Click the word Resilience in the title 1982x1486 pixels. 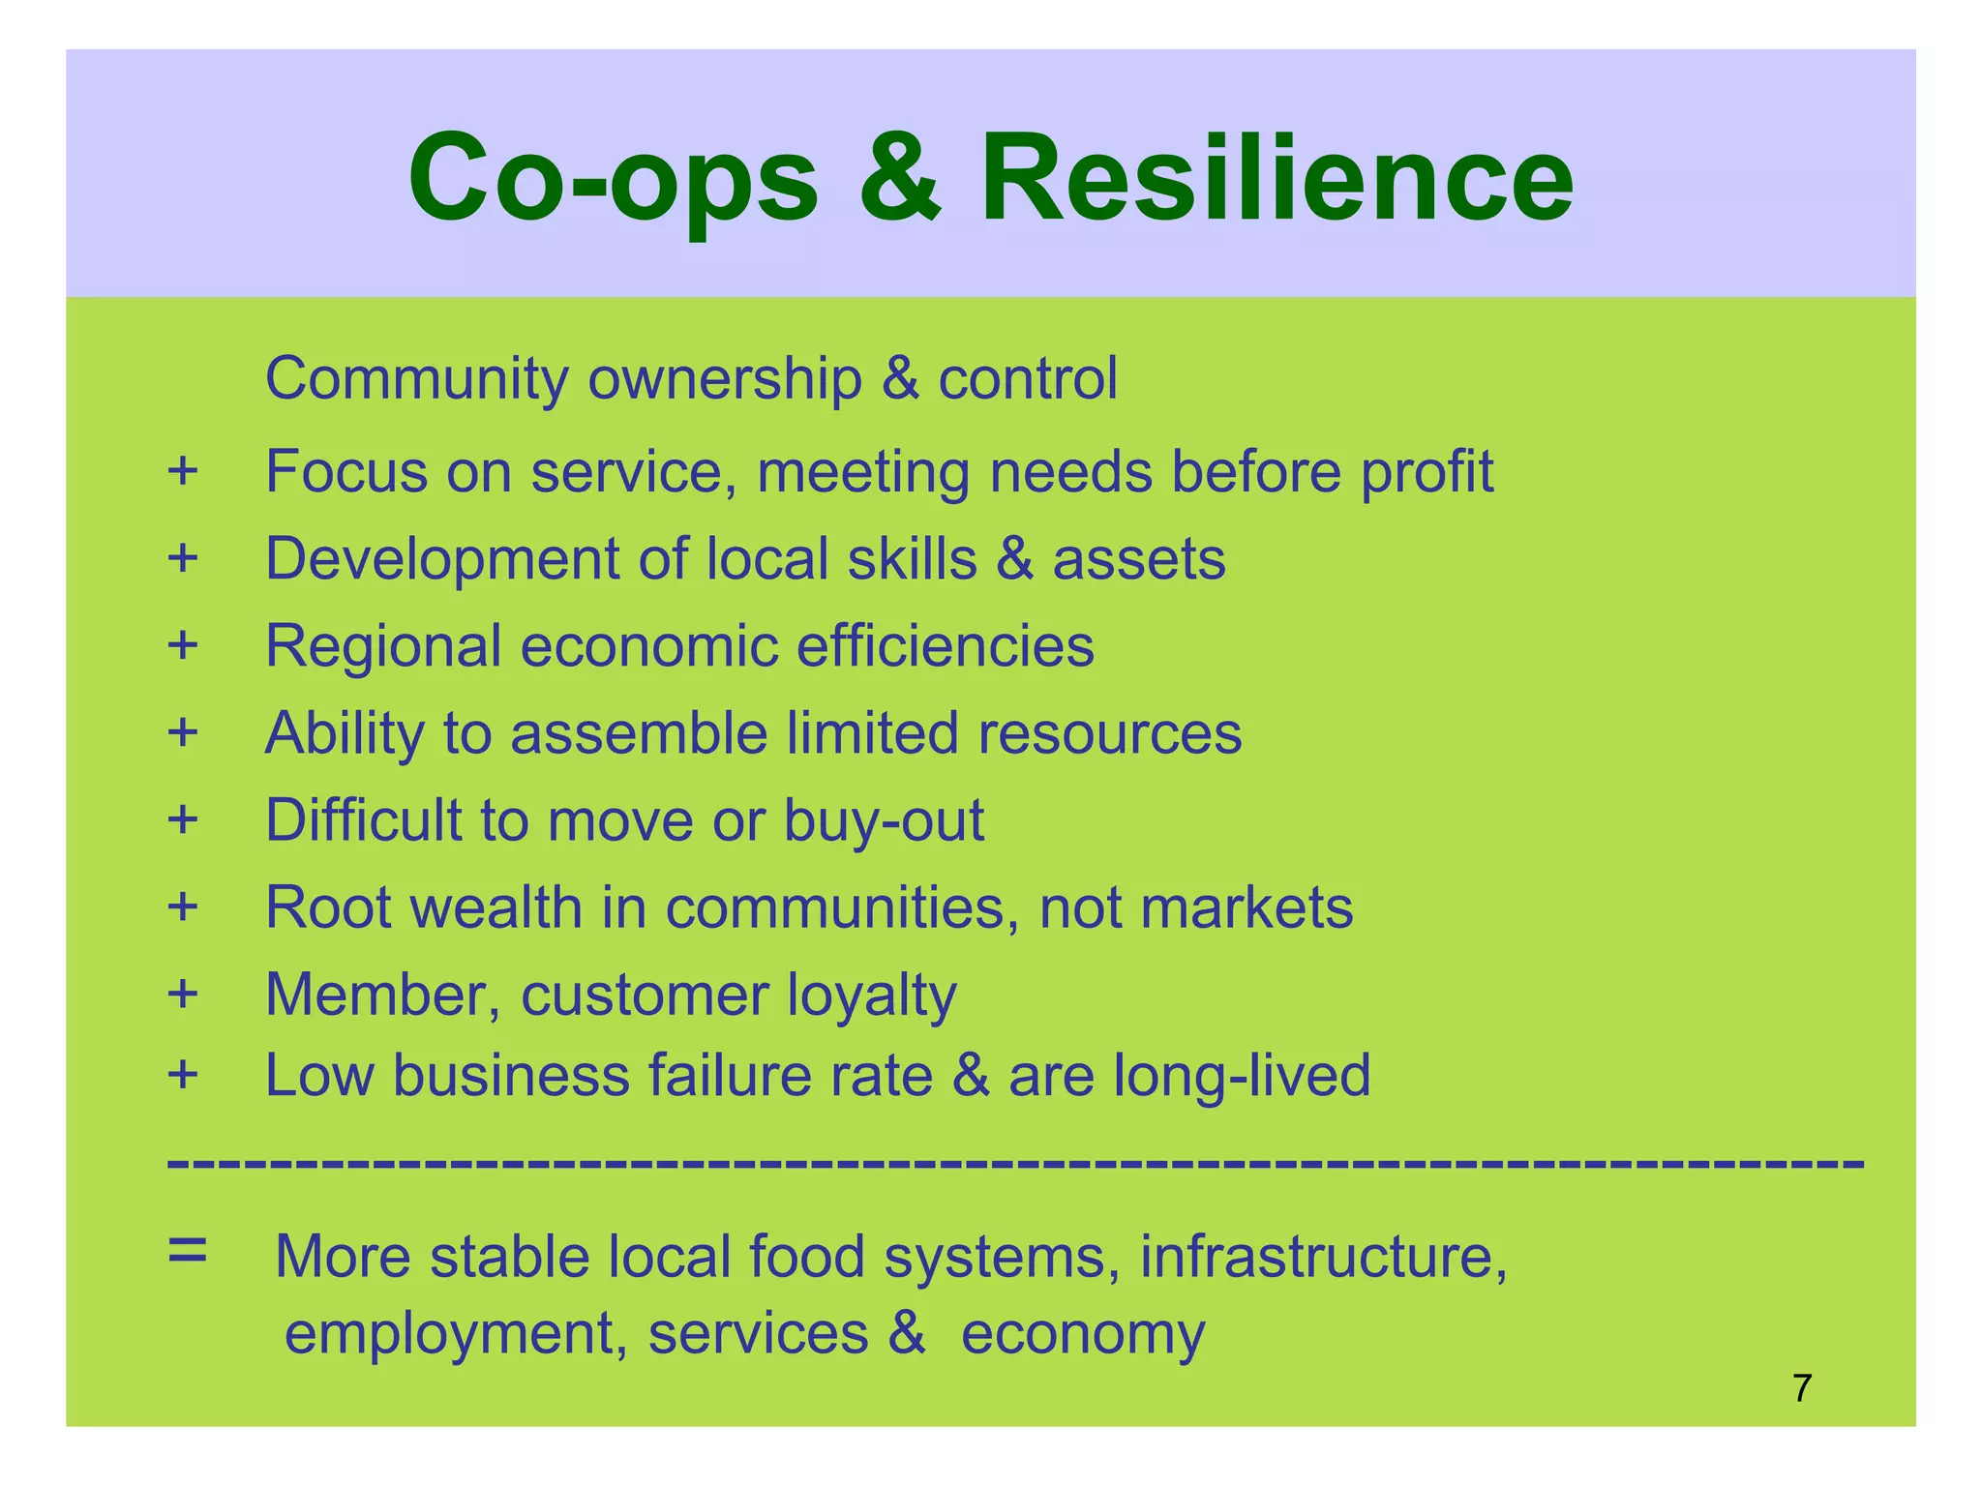(x=1276, y=180)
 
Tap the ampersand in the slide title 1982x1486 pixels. (x=899, y=180)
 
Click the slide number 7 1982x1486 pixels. (x=1801, y=1388)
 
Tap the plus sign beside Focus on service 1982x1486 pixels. (x=183, y=471)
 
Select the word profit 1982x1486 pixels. (x=1426, y=472)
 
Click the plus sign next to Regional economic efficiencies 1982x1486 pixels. (x=183, y=644)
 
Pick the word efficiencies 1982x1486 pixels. (x=945, y=645)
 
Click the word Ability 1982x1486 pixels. (x=345, y=733)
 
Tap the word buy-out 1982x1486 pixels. (x=883, y=820)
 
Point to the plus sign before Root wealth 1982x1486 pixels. (x=183, y=906)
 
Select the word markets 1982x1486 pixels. (x=1246, y=907)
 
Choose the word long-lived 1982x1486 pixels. (x=1242, y=1075)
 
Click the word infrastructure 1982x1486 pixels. (x=1323, y=1257)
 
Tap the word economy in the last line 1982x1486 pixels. (x=1082, y=1334)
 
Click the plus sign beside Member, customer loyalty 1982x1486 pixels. (x=183, y=994)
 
